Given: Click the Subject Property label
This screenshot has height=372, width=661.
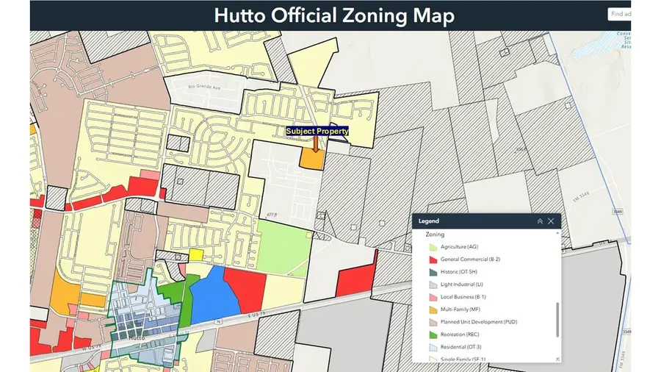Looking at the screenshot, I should (317, 131).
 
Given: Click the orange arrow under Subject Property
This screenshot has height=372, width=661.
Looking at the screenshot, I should (316, 143).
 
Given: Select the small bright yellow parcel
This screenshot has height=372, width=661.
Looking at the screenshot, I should (195, 254).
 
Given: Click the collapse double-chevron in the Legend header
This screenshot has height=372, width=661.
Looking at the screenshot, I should (540, 221).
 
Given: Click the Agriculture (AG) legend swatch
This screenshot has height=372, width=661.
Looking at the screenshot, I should (433, 246).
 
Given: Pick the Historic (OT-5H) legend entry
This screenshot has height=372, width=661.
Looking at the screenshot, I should (463, 271).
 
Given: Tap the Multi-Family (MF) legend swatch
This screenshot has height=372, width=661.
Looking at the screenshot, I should (433, 309).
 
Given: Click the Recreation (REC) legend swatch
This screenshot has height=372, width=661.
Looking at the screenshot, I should (433, 334).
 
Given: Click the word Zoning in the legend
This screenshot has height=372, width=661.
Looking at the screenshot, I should (435, 234).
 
